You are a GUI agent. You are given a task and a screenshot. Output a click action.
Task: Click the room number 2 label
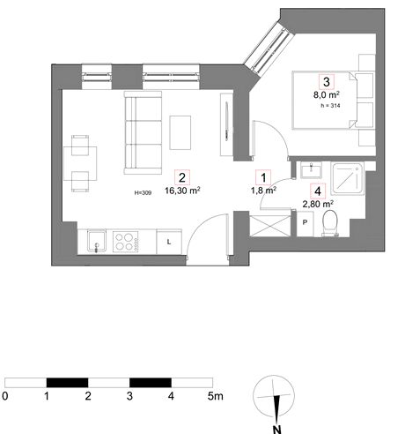pos(182,177)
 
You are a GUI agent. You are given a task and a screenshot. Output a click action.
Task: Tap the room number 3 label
pos(327,82)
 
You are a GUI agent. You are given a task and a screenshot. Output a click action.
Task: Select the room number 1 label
pos(263,177)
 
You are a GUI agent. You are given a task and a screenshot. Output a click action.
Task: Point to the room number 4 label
pos(318,191)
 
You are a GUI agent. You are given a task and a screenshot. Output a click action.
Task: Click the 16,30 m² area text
pos(182,191)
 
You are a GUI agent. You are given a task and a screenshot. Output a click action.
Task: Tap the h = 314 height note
pos(330,106)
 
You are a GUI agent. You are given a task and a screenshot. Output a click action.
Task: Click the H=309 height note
pos(143,193)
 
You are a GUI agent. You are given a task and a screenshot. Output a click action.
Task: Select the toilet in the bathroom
pos(330,223)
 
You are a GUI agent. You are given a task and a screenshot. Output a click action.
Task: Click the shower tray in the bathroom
pos(348,179)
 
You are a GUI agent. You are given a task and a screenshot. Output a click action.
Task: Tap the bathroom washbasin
pos(311,170)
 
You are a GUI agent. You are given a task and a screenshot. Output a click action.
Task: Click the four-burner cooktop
pos(126,242)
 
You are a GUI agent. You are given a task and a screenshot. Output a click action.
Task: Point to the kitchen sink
pos(97,241)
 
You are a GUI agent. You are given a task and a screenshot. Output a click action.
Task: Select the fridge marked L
pos(169,242)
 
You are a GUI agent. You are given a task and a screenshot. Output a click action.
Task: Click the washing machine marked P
pos(305,223)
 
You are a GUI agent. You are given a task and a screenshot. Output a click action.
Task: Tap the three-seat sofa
pos(143,132)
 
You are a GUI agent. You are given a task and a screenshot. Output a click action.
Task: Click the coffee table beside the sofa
pos(180,132)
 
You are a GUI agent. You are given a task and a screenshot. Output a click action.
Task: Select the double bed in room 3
pos(325,100)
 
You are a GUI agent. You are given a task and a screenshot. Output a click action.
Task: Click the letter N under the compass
pos(276,429)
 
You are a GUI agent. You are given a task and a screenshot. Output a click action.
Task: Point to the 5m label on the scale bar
pos(216,396)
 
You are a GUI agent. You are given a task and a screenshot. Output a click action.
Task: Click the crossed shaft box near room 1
pos(270,226)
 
